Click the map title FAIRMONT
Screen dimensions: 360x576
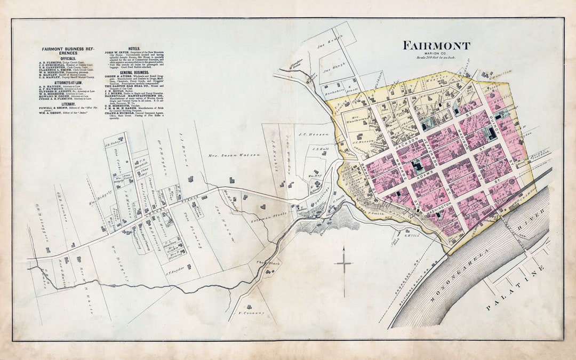(436, 46)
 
